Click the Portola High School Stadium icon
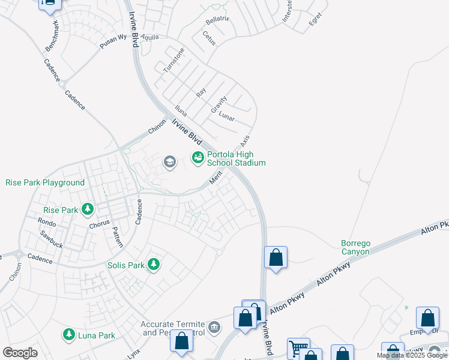coord(197,158)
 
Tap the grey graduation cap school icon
coord(169,161)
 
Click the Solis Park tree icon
coord(154,264)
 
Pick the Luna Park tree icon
coord(69,334)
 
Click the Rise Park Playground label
coord(45,182)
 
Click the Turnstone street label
coord(173,60)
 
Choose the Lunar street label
coord(226,116)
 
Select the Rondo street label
coord(47,223)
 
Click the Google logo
coord(20,352)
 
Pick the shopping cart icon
coord(298,348)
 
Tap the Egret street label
coord(315,22)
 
